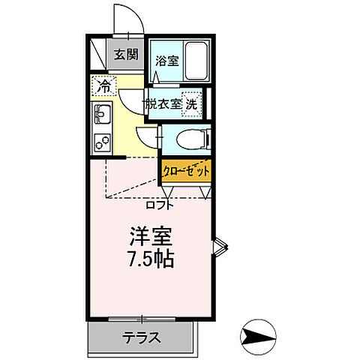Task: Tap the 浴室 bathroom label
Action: (x=166, y=61)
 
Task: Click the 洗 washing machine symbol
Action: (x=192, y=104)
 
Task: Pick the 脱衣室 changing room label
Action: (x=163, y=104)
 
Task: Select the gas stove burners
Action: (x=100, y=139)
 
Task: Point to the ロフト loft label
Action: (x=160, y=203)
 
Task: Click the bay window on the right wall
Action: (x=218, y=247)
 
